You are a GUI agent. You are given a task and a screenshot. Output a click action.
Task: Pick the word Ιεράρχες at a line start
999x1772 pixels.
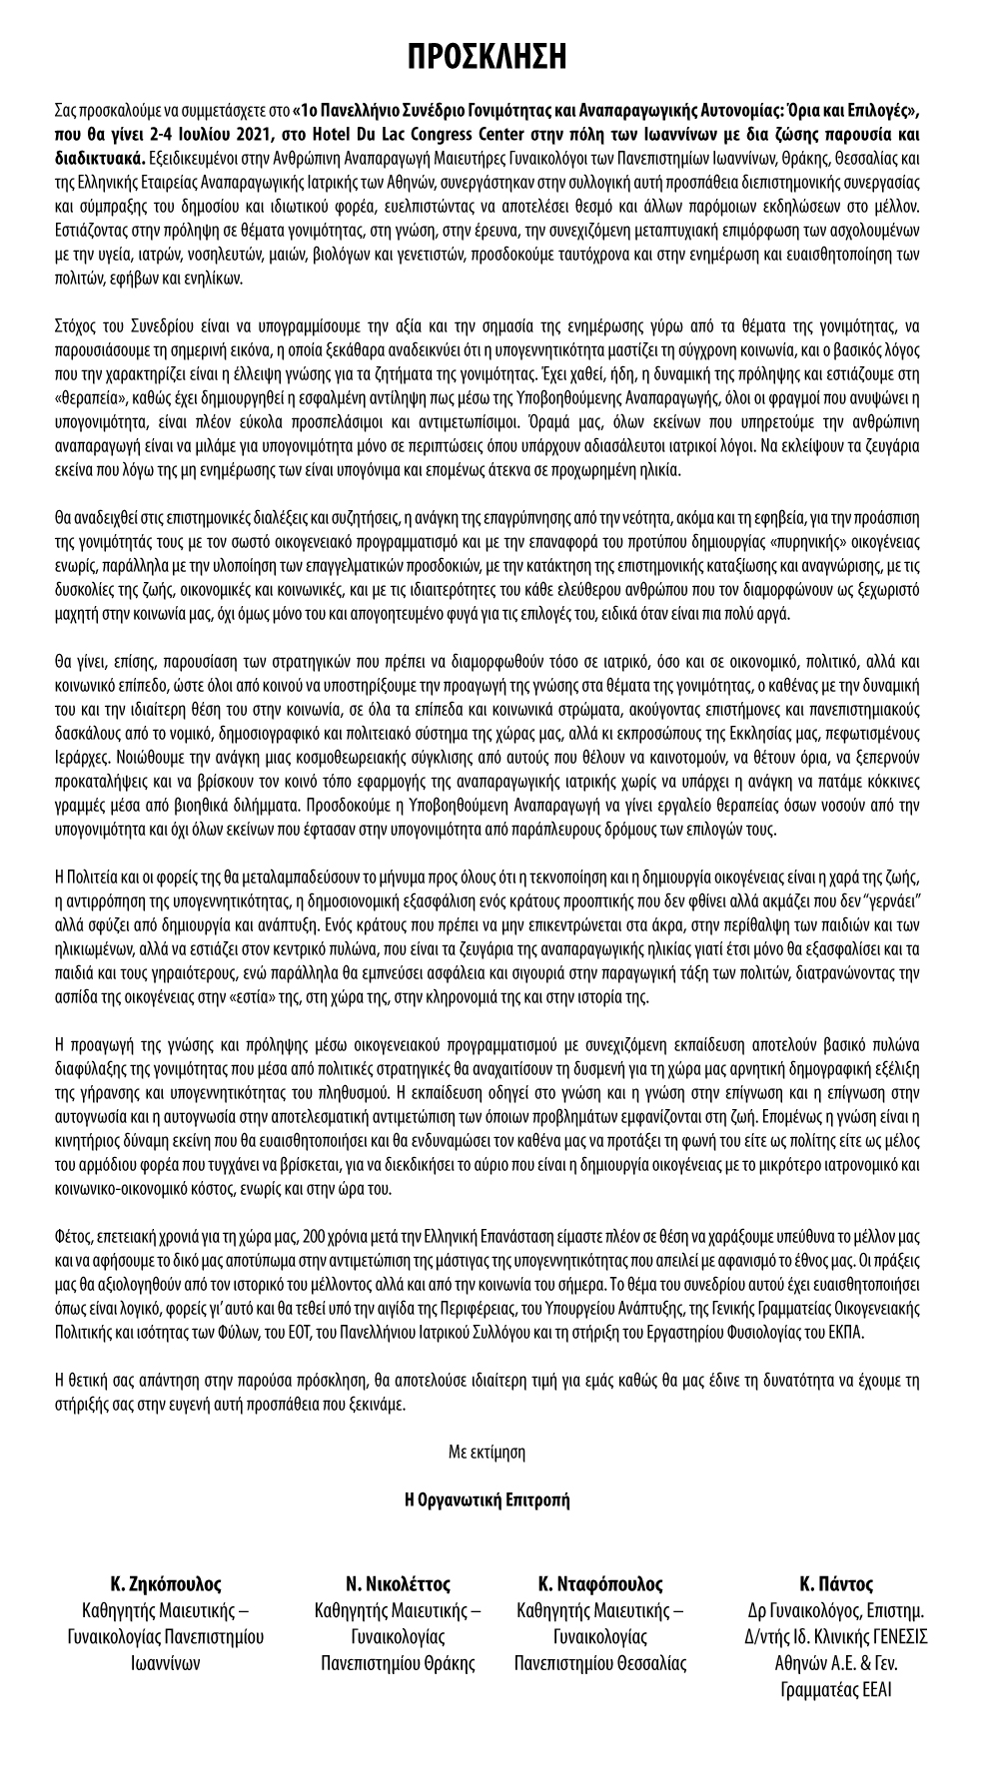click(x=79, y=757)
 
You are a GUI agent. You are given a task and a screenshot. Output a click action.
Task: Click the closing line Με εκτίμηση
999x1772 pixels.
click(x=487, y=1451)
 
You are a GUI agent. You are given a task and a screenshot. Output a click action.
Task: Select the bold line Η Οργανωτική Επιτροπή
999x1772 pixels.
click(x=487, y=1498)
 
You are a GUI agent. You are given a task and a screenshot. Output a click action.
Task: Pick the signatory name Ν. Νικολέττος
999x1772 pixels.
click(x=398, y=1583)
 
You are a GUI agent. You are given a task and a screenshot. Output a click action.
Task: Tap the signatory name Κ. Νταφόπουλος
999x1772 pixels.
click(x=599, y=1583)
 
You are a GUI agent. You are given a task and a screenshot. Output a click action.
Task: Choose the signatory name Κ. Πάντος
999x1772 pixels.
click(x=836, y=1583)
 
